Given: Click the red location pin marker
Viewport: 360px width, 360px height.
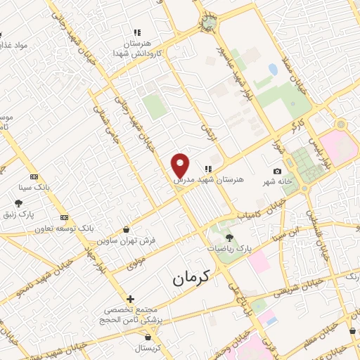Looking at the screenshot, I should point(181,165).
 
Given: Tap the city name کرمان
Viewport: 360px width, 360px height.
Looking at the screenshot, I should point(192,278).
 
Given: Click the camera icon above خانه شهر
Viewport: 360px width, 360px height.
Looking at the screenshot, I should point(278,171).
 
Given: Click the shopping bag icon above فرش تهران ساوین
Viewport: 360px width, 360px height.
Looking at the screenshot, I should point(126,229).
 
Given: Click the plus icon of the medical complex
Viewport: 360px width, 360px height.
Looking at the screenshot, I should point(130,299).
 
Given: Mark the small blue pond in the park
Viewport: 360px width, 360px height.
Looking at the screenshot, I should point(272,70).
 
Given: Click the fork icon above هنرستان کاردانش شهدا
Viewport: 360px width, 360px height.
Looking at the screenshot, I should point(138,32).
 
